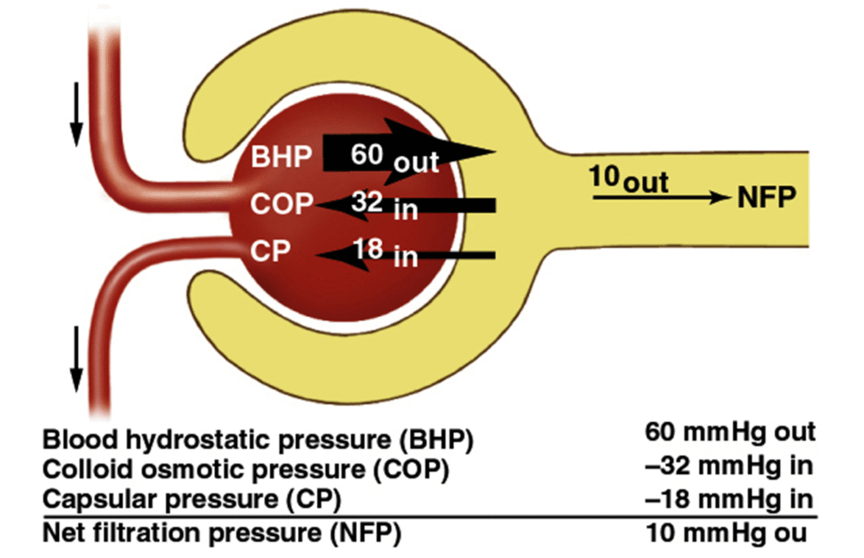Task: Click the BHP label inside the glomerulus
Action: point(282,157)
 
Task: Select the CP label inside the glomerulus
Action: point(270,252)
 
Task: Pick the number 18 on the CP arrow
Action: point(369,250)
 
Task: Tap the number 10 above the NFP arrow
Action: point(603,180)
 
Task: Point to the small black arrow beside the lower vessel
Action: point(76,354)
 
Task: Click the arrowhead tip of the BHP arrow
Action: point(489,153)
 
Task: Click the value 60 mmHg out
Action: point(730,432)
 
